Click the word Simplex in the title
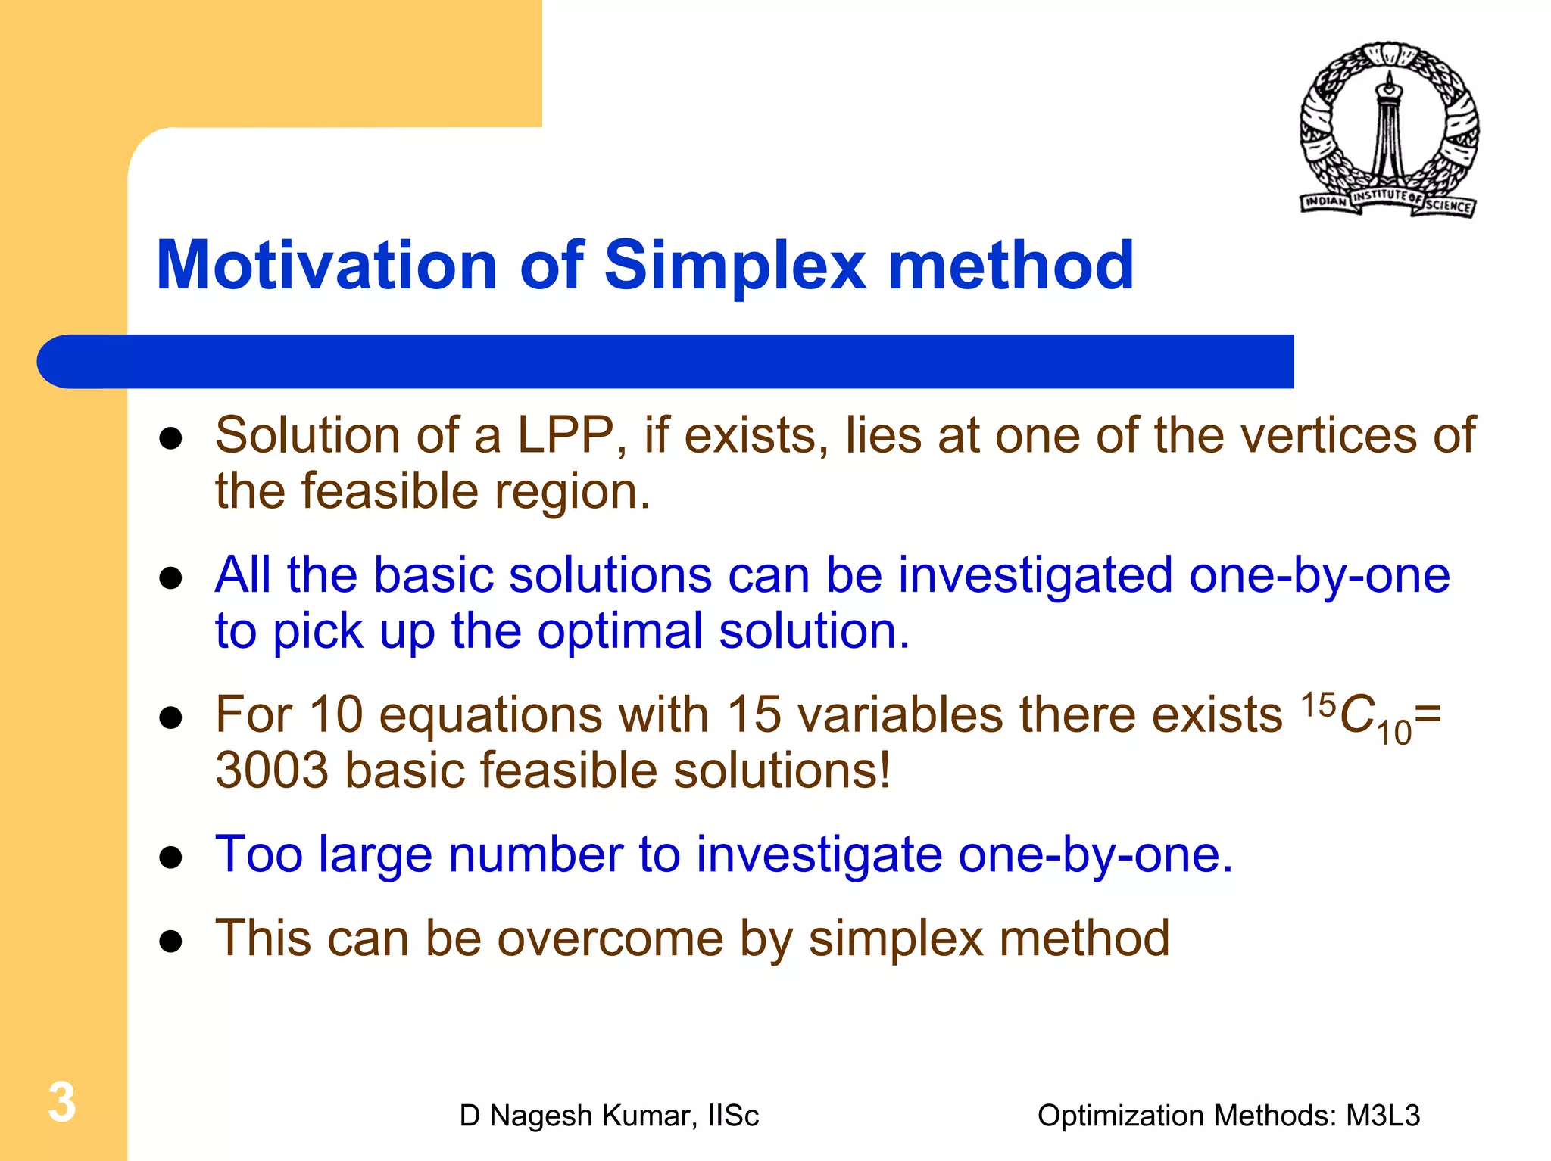[x=735, y=266]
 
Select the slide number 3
[x=62, y=1102]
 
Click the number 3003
[x=272, y=770]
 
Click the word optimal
[x=620, y=631]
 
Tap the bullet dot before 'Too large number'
[x=171, y=858]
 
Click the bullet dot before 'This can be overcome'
[x=171, y=941]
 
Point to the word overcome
[x=610, y=938]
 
